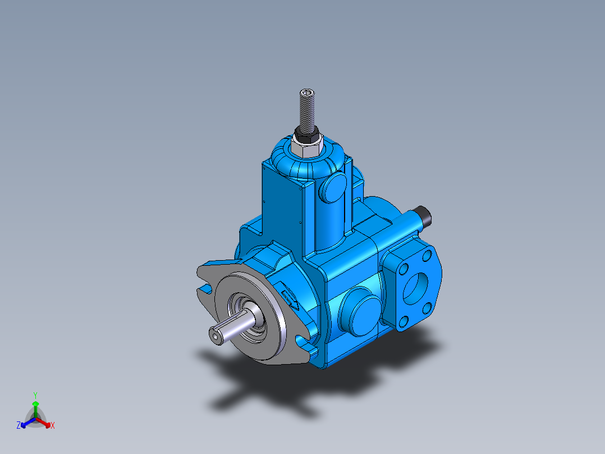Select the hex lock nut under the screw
pos(306,142)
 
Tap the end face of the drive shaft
pos(216,336)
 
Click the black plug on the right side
pos(423,216)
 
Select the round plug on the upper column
pos(332,188)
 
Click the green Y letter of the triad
pos(35,395)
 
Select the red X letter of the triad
pos(53,426)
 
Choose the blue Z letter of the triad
pos(19,426)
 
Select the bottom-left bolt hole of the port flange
pos(404,322)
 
